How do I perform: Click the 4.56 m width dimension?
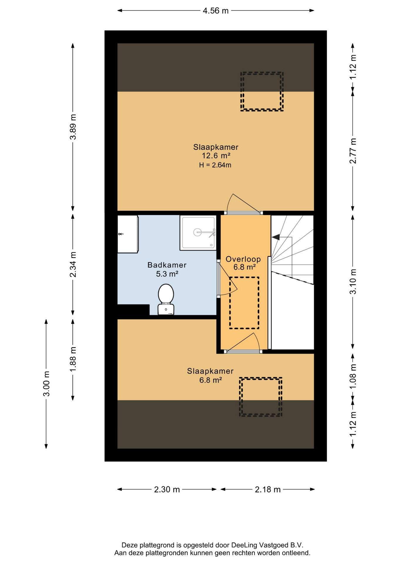[216, 11]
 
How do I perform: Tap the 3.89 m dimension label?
[73, 127]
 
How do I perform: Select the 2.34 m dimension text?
[73, 264]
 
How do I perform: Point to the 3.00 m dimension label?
[46, 384]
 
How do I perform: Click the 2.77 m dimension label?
[353, 151]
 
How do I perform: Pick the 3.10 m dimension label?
[353, 281]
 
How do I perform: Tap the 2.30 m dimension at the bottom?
[167, 489]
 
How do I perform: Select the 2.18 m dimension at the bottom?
[268, 489]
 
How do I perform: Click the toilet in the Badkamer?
[166, 299]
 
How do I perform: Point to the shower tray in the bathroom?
[198, 233]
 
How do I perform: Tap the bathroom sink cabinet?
[128, 234]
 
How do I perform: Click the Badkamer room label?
[167, 265]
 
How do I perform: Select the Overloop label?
[243, 259]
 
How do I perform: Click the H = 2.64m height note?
[215, 165]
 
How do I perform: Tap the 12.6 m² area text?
[216, 156]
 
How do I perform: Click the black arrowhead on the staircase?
[276, 237]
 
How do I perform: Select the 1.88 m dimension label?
[73, 359]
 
